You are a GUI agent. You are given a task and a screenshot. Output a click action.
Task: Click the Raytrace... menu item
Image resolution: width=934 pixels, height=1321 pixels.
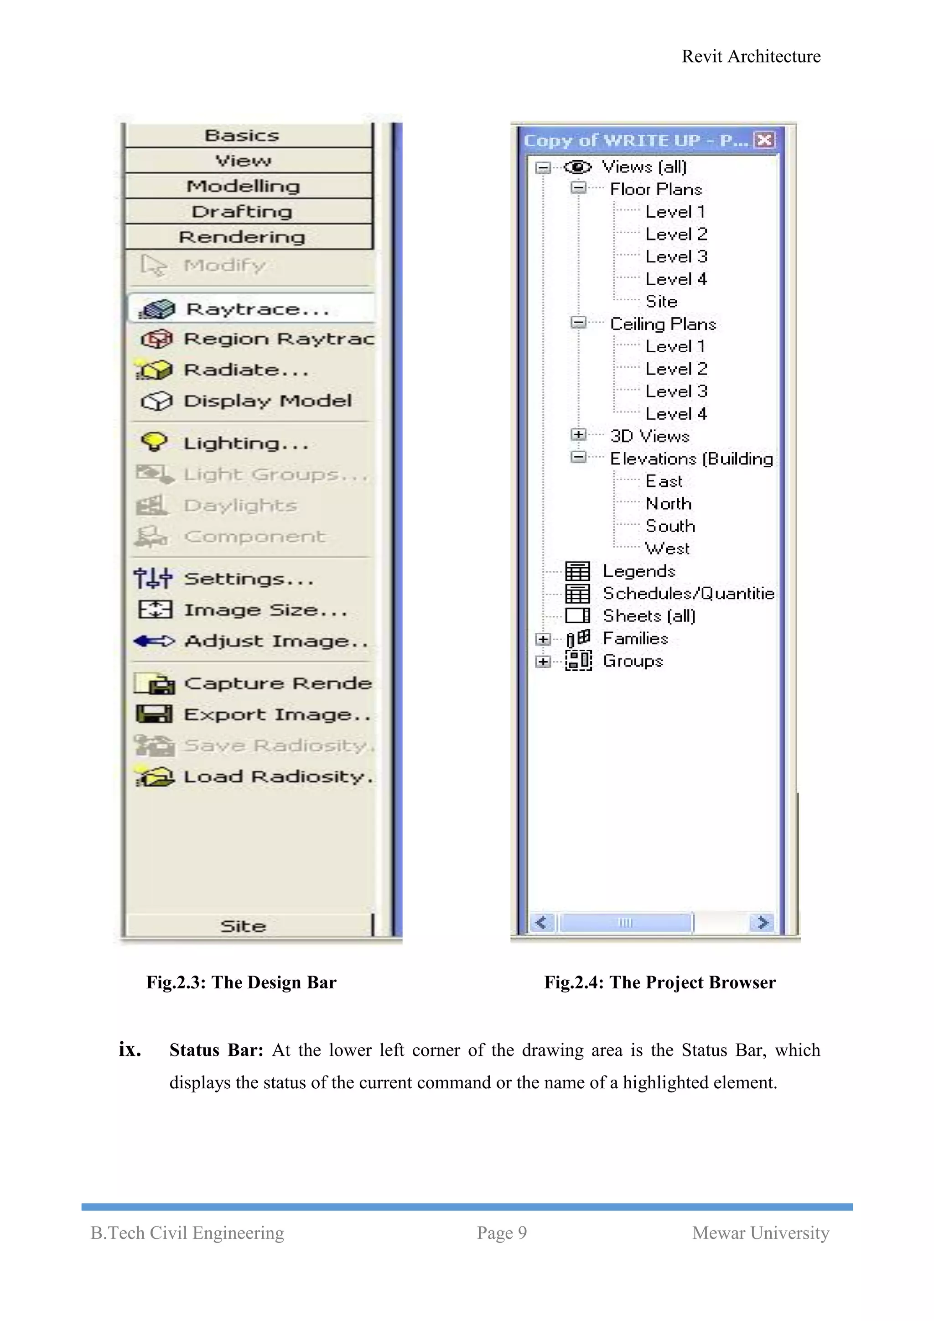(257, 309)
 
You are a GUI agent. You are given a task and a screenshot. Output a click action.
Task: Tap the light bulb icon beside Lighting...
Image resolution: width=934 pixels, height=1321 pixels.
(154, 442)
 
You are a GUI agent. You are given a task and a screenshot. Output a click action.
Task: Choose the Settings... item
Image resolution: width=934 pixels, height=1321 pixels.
(249, 578)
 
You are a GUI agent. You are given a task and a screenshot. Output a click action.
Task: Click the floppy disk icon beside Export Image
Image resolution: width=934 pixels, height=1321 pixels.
(154, 714)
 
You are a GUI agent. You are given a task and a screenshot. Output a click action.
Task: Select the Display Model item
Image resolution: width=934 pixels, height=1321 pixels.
(267, 401)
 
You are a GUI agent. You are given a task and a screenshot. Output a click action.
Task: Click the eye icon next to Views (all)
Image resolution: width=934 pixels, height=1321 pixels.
(577, 167)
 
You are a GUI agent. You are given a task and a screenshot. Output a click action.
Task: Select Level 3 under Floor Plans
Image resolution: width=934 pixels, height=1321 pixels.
(676, 256)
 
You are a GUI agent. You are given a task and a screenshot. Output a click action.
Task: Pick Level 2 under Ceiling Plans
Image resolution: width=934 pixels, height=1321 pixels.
(676, 369)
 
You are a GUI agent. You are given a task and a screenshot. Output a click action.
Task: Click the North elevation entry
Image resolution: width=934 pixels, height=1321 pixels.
(668, 503)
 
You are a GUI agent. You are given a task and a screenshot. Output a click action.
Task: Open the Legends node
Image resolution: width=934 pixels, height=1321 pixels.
(638, 571)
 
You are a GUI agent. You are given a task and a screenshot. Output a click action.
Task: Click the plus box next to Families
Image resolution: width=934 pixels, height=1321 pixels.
(542, 639)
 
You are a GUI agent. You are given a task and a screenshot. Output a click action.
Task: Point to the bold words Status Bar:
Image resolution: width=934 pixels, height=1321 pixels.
(216, 1050)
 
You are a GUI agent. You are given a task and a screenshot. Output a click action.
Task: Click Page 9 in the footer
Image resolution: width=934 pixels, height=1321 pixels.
(502, 1232)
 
